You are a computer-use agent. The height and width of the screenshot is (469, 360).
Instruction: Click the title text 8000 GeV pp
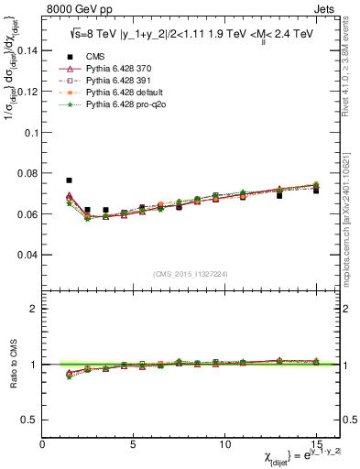point(72,7)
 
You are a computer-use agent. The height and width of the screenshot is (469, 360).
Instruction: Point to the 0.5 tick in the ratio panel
point(31,420)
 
